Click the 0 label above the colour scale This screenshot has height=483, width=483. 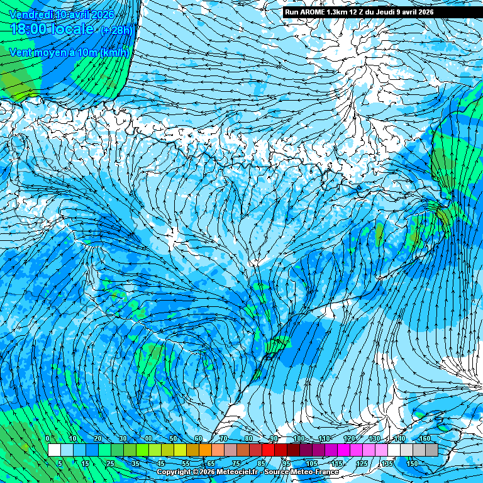(x=48, y=438)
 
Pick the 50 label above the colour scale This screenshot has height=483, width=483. (x=173, y=438)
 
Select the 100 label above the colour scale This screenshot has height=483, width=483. (x=299, y=438)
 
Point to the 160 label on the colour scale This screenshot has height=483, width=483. (x=426, y=438)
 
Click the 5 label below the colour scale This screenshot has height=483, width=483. (x=60, y=464)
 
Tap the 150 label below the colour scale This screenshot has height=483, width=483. (x=412, y=464)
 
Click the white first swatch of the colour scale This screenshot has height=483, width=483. (x=54, y=450)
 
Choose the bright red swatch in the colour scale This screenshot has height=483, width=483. (x=268, y=450)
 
